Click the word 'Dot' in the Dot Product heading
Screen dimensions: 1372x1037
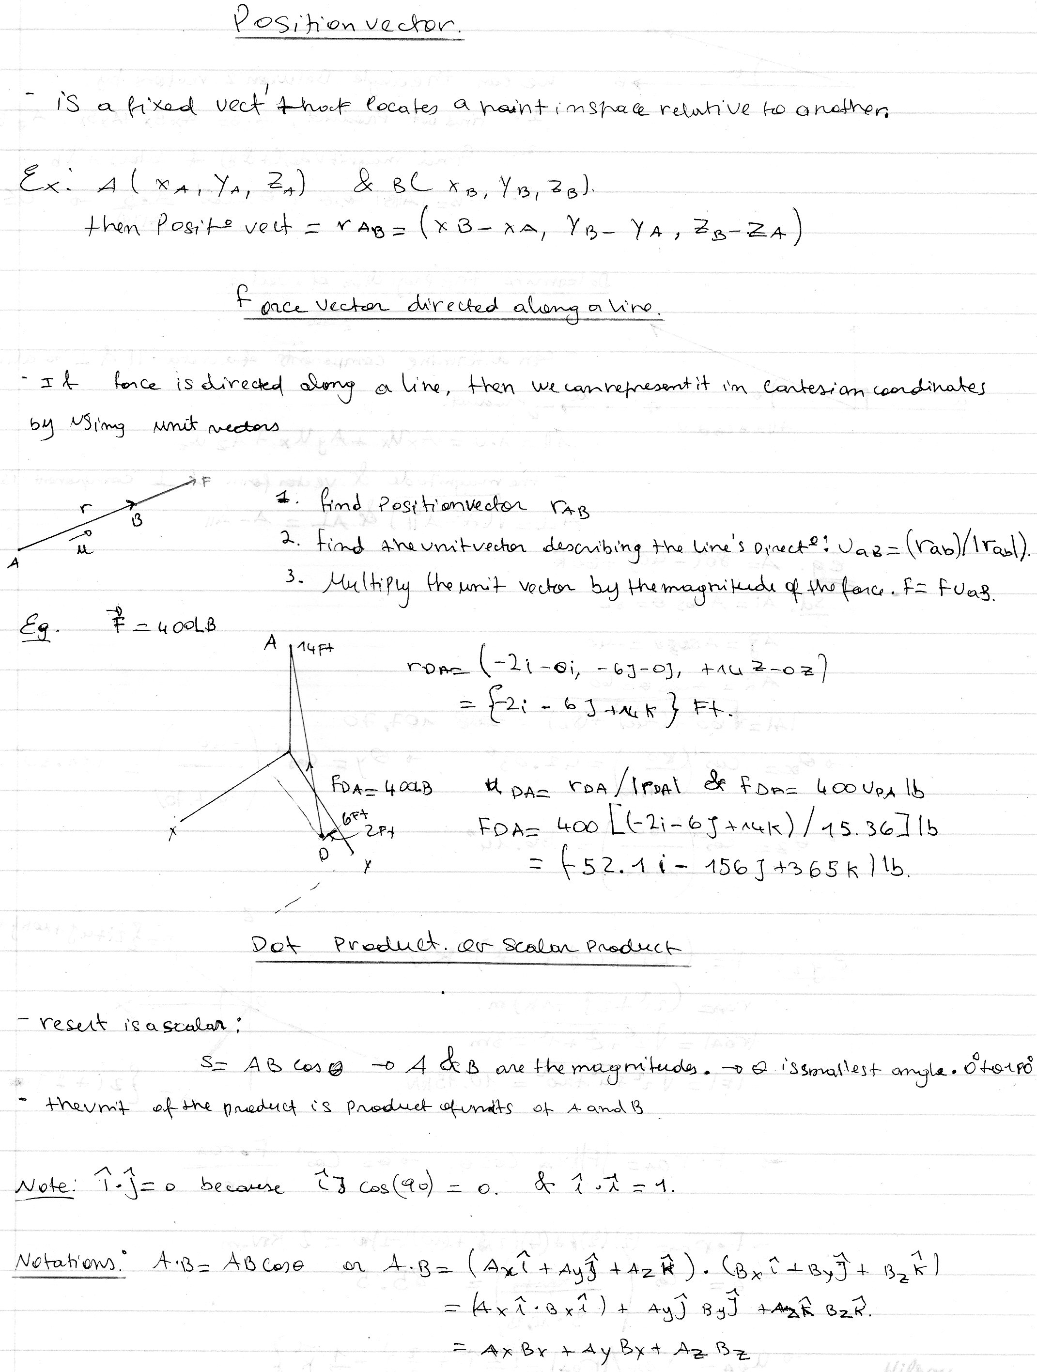tap(276, 944)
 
